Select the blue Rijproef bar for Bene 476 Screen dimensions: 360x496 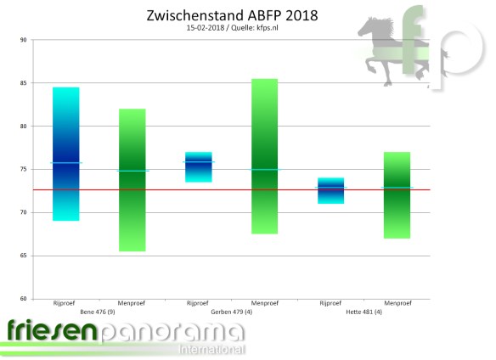[x=65, y=154]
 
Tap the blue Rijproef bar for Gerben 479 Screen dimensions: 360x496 [x=198, y=166]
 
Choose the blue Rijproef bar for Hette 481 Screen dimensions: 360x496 [x=330, y=191]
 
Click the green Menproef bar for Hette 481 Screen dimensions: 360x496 [x=397, y=195]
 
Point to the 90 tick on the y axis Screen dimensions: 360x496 [x=23, y=40]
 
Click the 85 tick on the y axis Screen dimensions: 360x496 [x=23, y=83]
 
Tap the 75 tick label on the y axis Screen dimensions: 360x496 [x=23, y=170]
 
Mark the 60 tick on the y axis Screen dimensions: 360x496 [x=23, y=299]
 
